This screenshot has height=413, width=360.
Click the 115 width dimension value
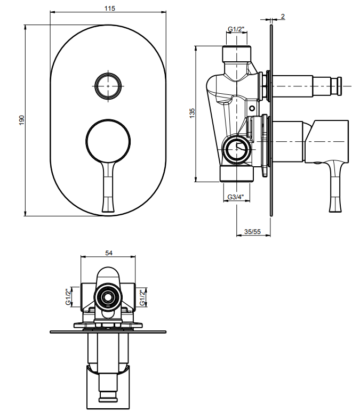pyautogui.click(x=110, y=9)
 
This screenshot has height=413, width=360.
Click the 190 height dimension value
pyautogui.click(x=22, y=120)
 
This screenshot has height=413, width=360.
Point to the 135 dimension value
pyautogui.click(x=192, y=113)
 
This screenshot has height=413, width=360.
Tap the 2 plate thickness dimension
pyautogui.click(x=283, y=17)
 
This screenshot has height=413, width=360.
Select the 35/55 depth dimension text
pyautogui.click(x=252, y=231)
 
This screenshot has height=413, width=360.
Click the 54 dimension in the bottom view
pyautogui.click(x=109, y=253)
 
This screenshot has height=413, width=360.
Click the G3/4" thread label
pyautogui.click(x=236, y=197)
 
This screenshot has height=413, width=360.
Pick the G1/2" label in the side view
pyautogui.click(x=236, y=29)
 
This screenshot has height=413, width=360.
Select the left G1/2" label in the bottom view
pyautogui.click(x=68, y=297)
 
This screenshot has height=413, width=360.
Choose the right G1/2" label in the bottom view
pyautogui.click(x=142, y=298)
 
